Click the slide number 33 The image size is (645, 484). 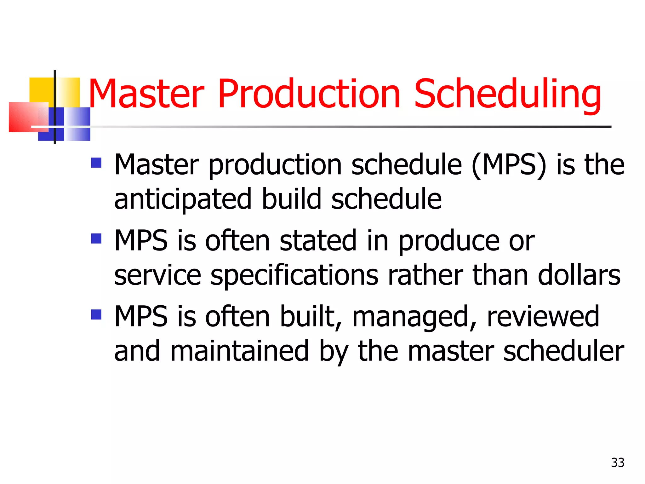click(x=617, y=463)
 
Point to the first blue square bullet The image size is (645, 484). click(x=96, y=163)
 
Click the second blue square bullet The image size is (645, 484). click(x=96, y=239)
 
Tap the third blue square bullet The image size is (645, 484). click(x=96, y=314)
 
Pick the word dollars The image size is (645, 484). click(x=579, y=275)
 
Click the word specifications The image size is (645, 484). click(x=294, y=275)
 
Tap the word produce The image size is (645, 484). click(x=449, y=241)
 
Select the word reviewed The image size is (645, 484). click(x=543, y=316)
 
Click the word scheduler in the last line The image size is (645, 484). click(x=564, y=351)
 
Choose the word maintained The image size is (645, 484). click(x=240, y=351)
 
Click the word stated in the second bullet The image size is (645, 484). click(x=318, y=241)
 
